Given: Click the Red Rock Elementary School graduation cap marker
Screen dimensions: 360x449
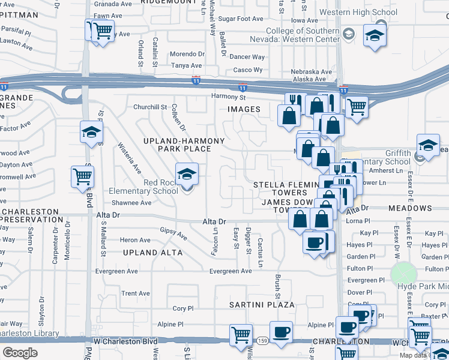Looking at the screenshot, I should point(187,175).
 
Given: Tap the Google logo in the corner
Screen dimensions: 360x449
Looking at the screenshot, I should point(20,353).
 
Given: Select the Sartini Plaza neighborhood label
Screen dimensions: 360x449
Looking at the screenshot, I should point(262,305).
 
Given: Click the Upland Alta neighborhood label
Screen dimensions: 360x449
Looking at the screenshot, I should point(152,253).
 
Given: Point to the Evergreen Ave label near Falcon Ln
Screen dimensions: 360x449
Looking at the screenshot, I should point(231,271).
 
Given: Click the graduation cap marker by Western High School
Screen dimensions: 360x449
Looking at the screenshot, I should point(375,37).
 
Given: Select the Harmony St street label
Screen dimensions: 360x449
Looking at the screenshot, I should point(229,97).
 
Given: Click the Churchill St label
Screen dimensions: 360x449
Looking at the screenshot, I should point(149,107).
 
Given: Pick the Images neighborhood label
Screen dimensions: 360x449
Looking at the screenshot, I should point(244,109).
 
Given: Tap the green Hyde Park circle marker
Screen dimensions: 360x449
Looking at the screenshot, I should point(403,274).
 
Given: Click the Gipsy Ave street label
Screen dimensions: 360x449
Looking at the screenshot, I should point(173,233).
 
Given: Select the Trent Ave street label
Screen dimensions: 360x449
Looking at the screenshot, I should point(135,293).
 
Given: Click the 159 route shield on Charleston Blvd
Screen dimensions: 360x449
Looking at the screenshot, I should point(262,341).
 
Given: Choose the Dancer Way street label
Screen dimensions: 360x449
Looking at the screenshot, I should point(248,57).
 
